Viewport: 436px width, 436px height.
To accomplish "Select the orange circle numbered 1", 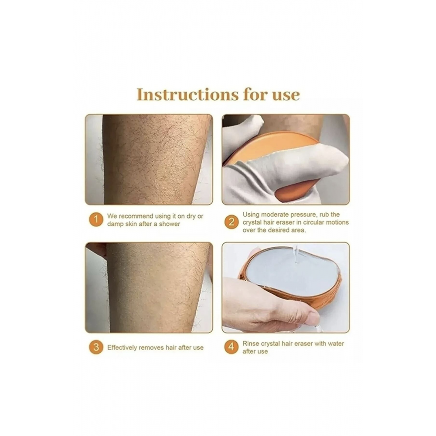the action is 96,220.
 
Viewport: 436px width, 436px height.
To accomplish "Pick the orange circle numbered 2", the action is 232,222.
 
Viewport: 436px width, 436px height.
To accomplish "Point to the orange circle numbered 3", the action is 96,347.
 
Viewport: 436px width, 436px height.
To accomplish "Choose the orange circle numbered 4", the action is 232,347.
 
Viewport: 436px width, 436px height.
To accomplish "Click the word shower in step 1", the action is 169,224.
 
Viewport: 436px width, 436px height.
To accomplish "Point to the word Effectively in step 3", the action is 122,347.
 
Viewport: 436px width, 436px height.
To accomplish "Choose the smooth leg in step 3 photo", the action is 157,287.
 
